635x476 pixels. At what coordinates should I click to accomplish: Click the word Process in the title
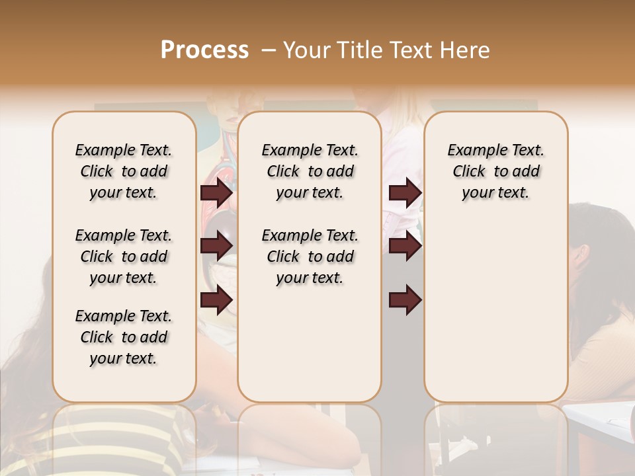pos(204,50)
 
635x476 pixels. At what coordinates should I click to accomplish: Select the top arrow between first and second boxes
pos(216,193)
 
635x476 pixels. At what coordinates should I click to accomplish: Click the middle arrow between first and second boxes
pos(216,247)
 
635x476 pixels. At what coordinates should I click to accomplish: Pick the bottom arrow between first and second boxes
pos(216,299)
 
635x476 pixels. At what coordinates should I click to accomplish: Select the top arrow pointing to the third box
pos(405,193)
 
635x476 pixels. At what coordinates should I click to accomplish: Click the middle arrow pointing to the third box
pos(405,247)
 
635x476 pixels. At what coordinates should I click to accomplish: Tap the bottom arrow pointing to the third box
pos(405,299)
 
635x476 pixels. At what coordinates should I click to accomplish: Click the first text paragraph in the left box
pos(124,171)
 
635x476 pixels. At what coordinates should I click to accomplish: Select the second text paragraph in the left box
pos(124,257)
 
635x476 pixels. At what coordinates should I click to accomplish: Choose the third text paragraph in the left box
pos(124,337)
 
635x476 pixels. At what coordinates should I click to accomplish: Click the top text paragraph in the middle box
pos(310,171)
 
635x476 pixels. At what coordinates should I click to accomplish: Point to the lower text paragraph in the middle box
pos(310,257)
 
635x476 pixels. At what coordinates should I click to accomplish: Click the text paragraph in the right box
pos(495,171)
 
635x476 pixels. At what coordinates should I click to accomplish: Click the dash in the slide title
pos(268,50)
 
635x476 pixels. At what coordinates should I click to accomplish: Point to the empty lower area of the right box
pos(495,311)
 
